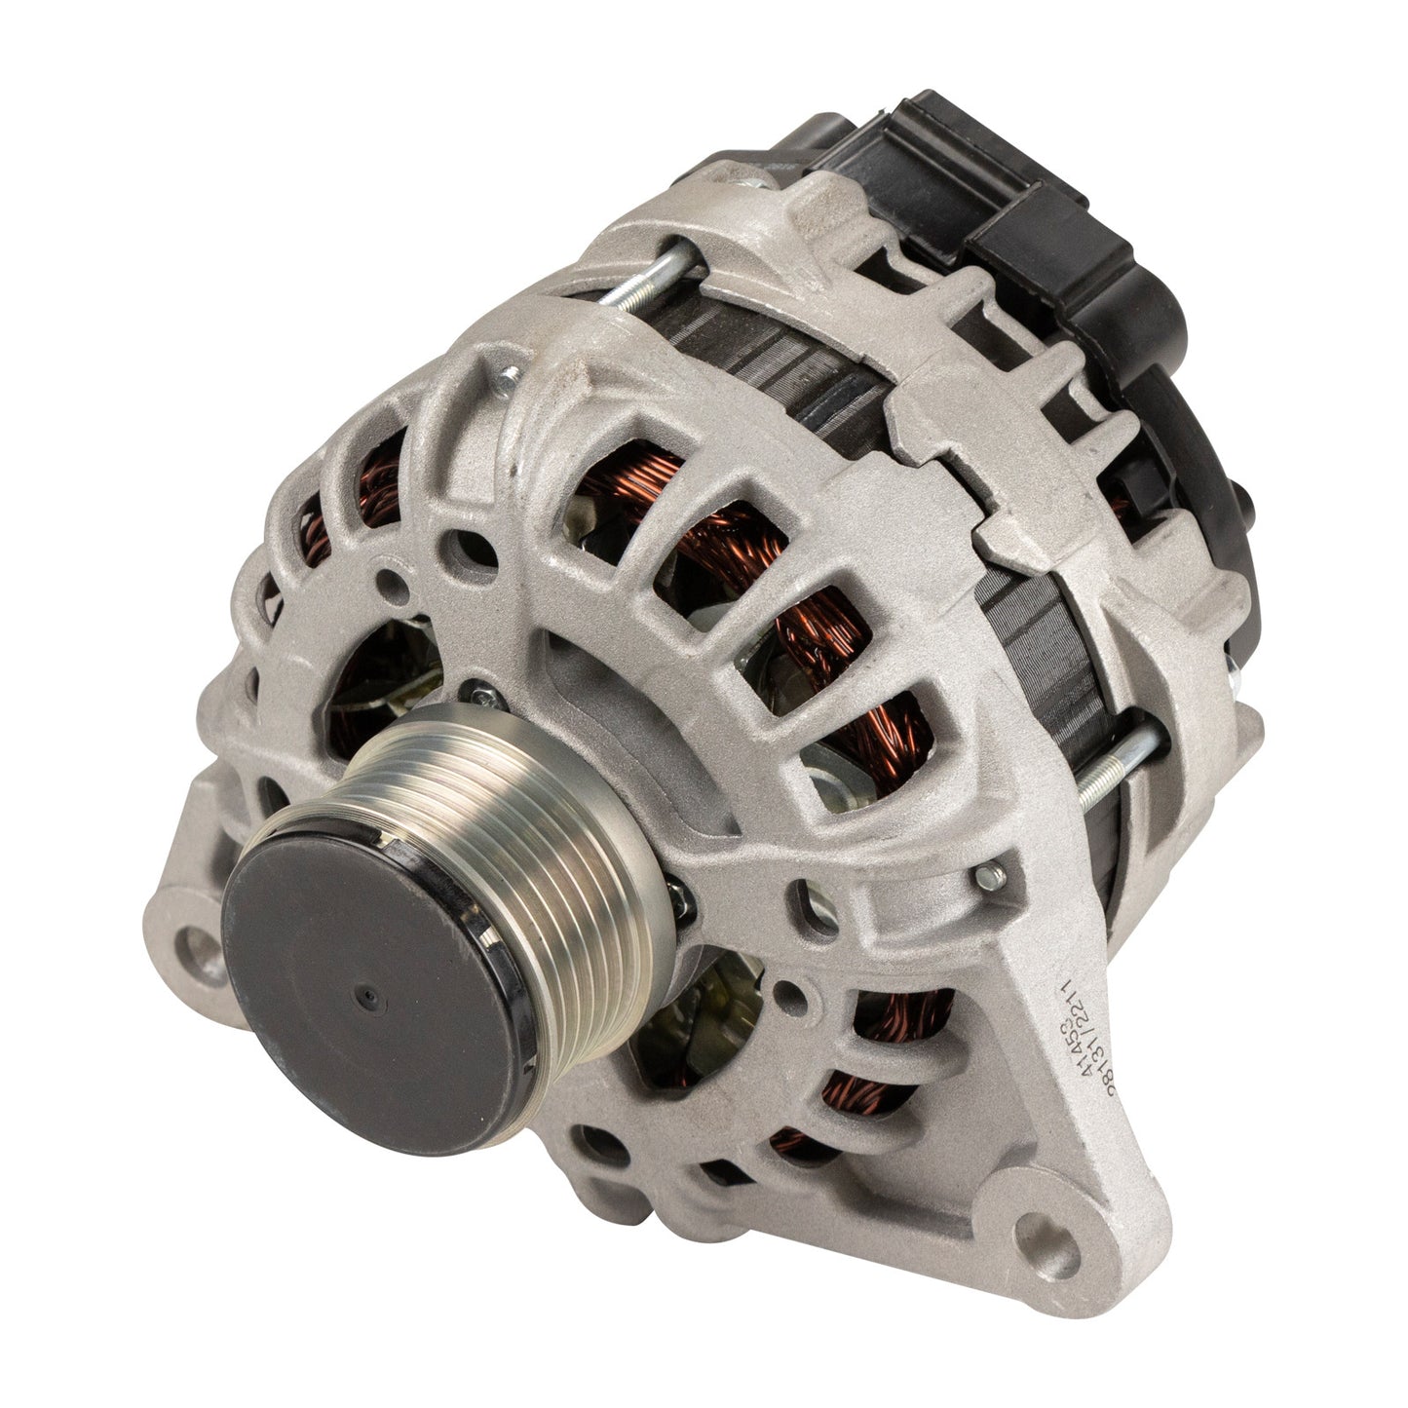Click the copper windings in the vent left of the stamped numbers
[x=906, y=1033]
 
